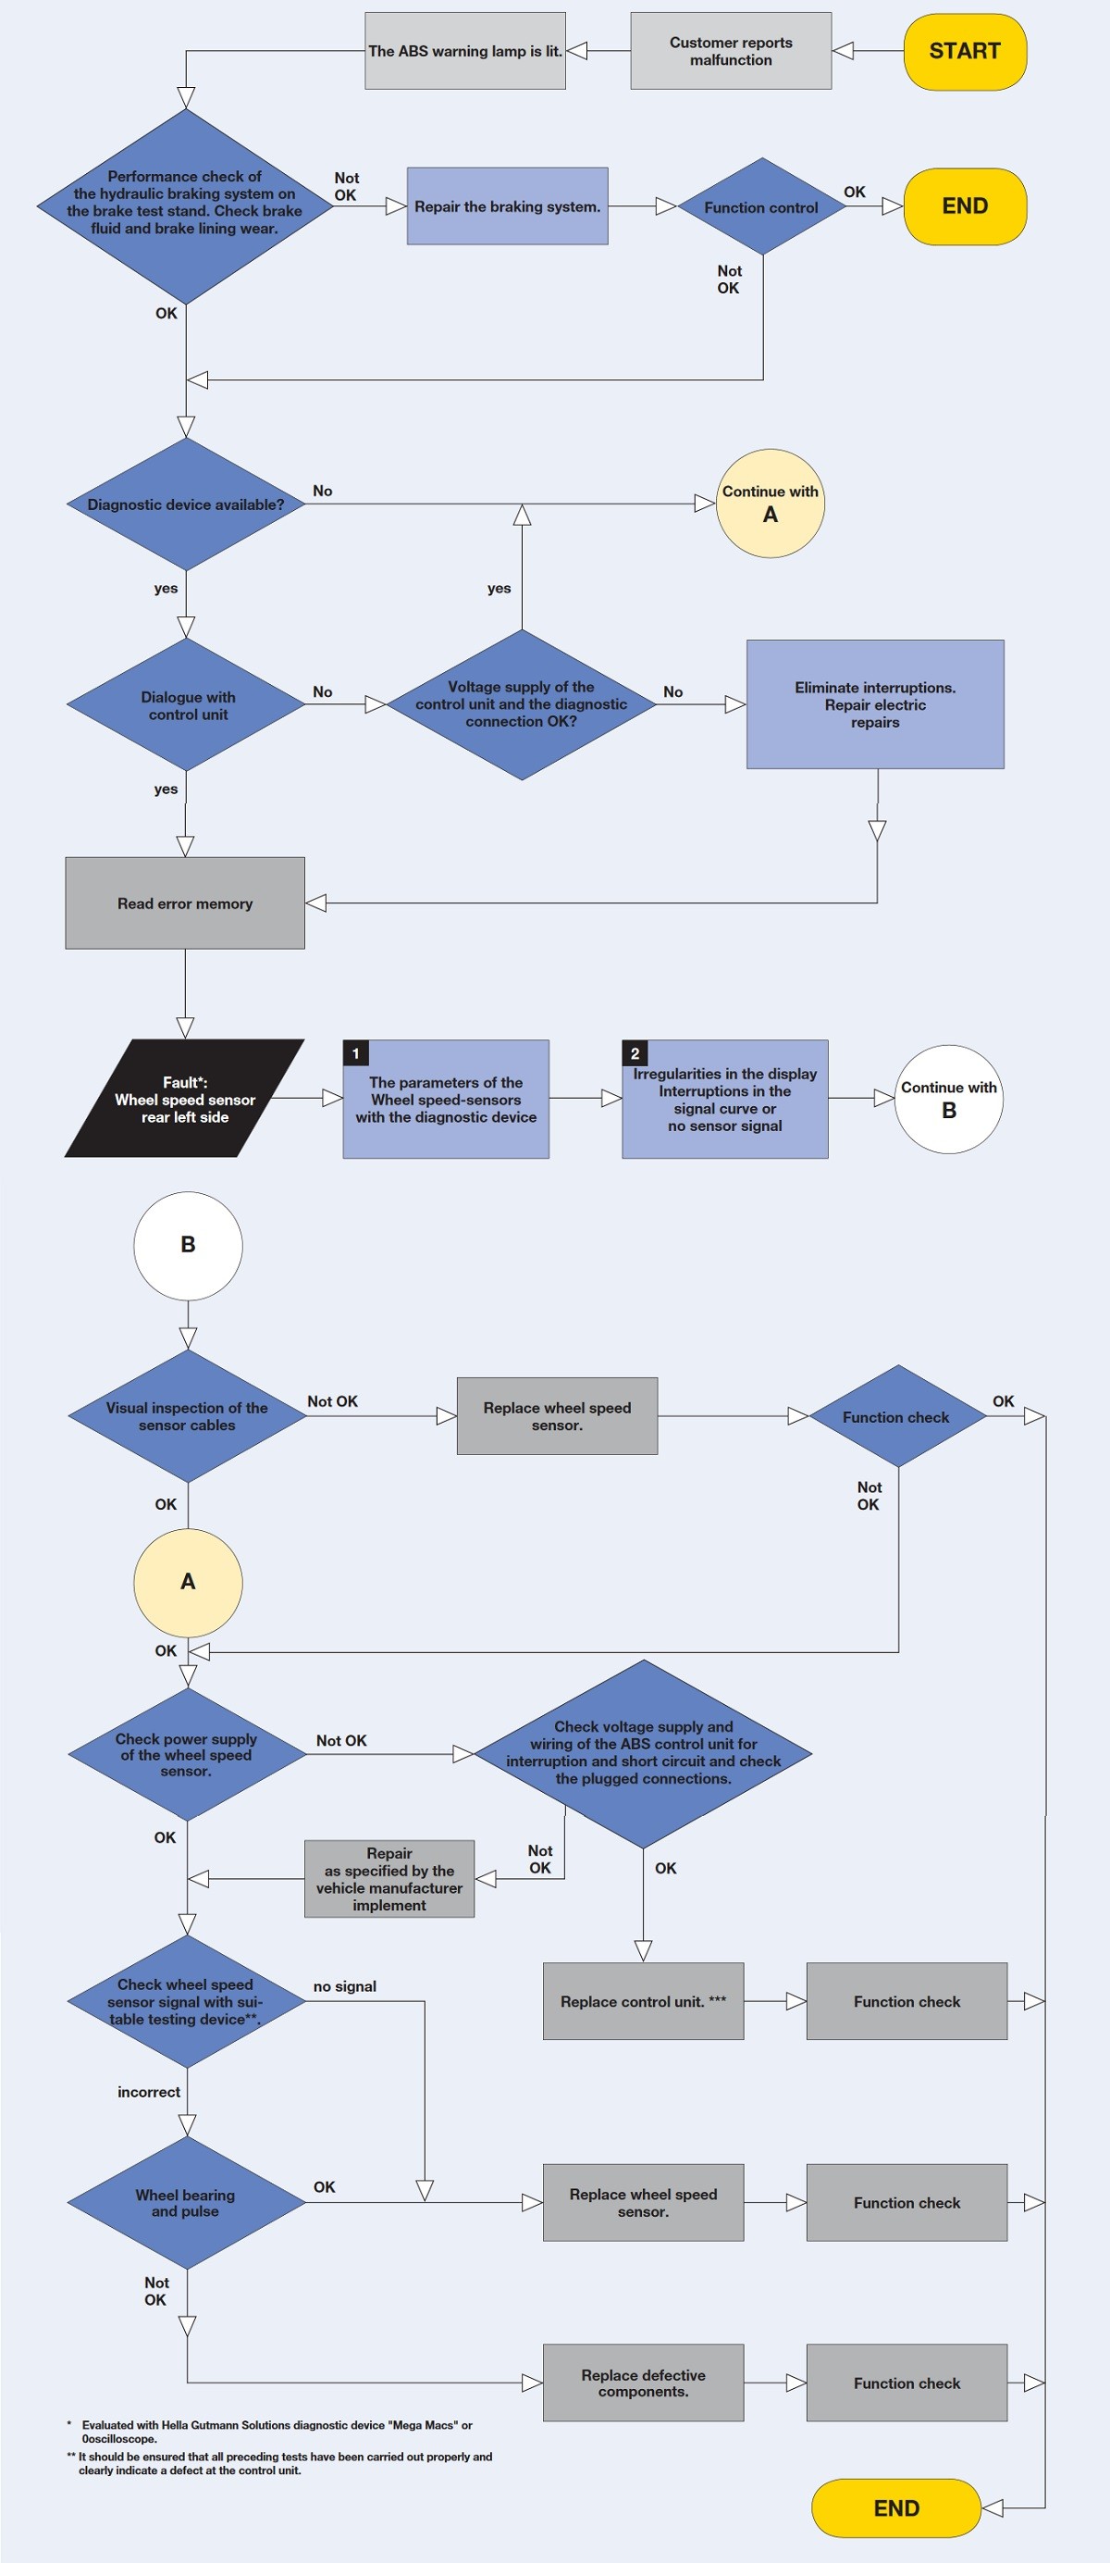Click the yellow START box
(964, 52)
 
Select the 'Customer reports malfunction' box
(730, 52)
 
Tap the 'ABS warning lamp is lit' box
(464, 52)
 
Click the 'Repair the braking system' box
(507, 207)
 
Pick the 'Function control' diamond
(761, 207)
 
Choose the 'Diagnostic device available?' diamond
(186, 504)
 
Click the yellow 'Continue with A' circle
(770, 504)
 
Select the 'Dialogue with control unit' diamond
(186, 705)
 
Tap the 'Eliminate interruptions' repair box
(874, 704)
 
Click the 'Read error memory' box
(185, 903)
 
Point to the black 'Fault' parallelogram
(185, 1100)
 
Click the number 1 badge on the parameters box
(356, 1053)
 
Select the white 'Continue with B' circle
(948, 1100)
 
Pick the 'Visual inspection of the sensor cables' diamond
(187, 1416)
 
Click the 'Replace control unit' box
(643, 2001)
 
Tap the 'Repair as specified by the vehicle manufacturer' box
(388, 1878)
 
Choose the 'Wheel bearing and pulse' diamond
(186, 2202)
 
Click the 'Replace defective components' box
(643, 2382)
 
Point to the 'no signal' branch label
(344, 1986)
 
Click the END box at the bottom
(896, 2508)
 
